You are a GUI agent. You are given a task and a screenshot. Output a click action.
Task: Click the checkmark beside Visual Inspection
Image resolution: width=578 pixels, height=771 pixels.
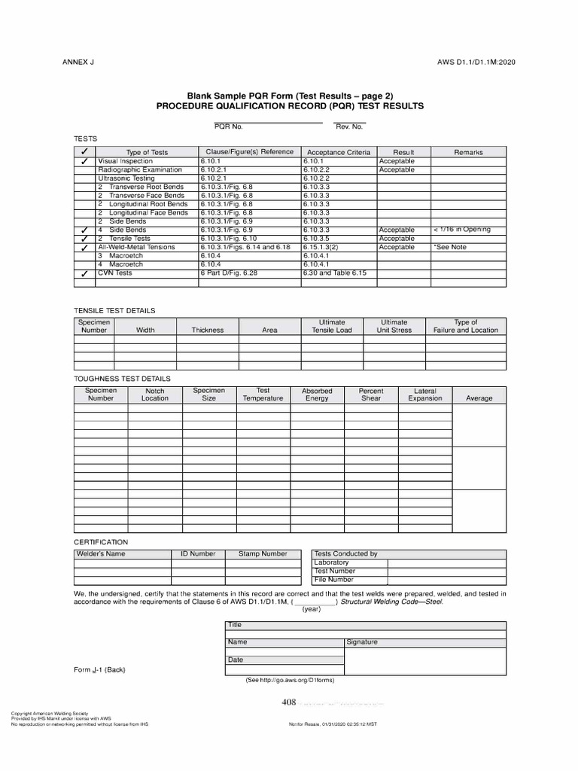coord(84,162)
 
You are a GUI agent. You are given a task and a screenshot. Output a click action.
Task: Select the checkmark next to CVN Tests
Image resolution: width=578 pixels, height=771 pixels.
coord(84,275)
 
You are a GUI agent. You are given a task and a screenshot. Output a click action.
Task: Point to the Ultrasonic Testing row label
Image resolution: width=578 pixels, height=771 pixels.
coord(126,178)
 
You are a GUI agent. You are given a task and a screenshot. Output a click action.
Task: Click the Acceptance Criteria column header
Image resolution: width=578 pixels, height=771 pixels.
coord(339,152)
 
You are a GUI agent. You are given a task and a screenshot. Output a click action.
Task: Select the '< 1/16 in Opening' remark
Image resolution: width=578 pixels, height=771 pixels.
coord(462,230)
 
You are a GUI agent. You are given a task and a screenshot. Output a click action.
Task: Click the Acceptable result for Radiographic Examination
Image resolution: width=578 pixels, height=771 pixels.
coord(397,170)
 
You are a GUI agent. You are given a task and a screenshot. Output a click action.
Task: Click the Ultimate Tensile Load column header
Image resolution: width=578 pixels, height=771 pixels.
coord(332,326)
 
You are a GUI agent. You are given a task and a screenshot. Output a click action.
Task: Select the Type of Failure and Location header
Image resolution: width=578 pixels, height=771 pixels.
coord(465,326)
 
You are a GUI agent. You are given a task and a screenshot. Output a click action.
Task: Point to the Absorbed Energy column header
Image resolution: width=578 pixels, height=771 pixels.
coord(317,395)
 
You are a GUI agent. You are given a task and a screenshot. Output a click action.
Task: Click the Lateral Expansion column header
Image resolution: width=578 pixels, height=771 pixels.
coord(425,395)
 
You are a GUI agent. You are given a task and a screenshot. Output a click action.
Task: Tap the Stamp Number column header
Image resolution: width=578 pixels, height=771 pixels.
coord(263,554)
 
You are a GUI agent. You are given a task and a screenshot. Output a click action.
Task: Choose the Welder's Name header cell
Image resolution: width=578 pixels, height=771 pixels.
coord(100,554)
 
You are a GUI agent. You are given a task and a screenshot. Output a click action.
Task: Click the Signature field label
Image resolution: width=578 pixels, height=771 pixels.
coord(362,642)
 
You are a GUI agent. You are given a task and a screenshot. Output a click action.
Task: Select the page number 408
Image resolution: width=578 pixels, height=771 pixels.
coord(289,702)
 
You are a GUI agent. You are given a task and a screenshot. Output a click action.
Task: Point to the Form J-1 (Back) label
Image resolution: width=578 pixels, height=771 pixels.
coord(99,669)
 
